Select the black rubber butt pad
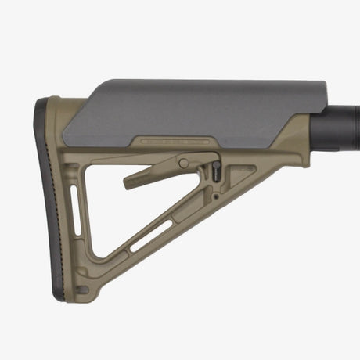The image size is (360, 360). (x=45, y=196)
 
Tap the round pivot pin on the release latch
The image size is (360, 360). (x=183, y=163)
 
